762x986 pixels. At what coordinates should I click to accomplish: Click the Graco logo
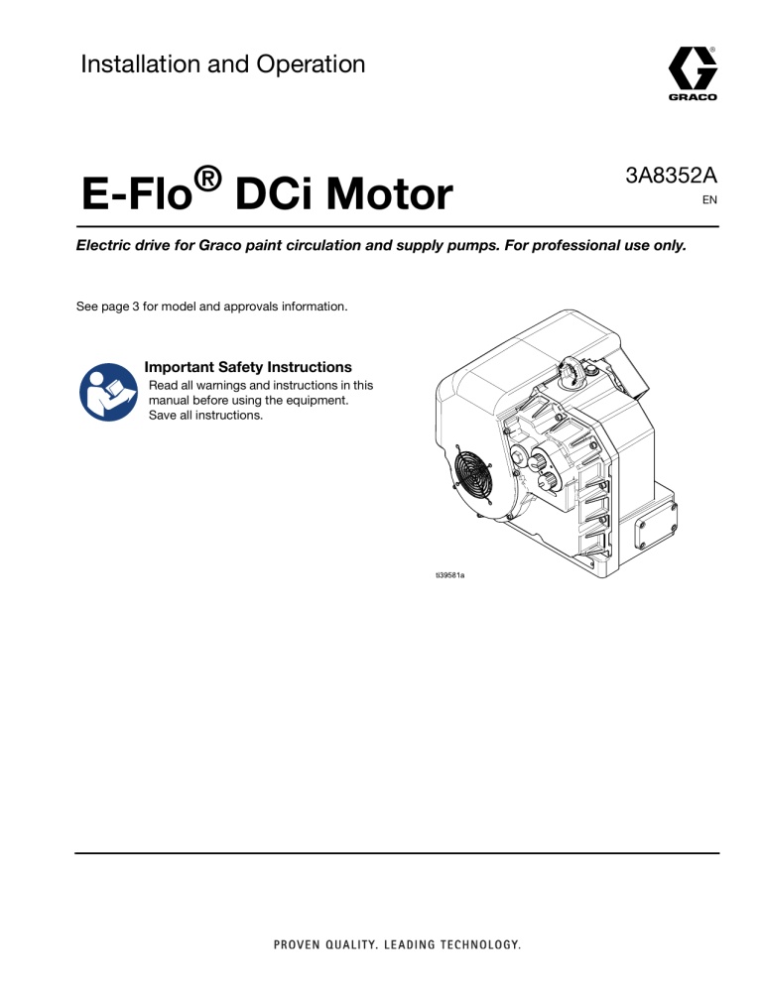[693, 73]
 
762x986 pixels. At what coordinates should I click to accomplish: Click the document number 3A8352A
[671, 176]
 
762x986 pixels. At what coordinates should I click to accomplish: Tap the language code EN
[709, 200]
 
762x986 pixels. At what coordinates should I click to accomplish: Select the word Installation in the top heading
[141, 64]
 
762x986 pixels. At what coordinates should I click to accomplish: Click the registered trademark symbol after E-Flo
[207, 179]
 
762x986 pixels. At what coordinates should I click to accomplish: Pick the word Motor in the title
[390, 193]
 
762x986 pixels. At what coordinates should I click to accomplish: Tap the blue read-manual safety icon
[108, 392]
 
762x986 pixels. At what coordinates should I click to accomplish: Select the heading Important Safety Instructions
[248, 367]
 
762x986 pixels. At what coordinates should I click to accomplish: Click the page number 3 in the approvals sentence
[135, 307]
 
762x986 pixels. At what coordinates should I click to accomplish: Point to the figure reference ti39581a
[449, 574]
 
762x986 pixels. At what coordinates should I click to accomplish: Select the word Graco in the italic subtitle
[220, 245]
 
